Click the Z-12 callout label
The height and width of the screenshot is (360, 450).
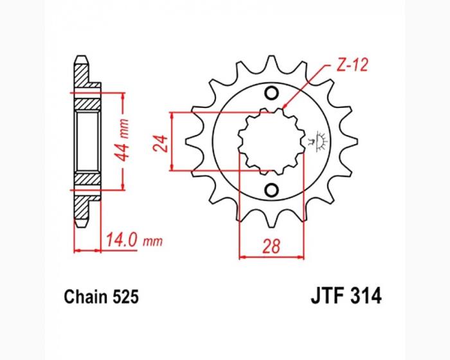pyautogui.click(x=352, y=66)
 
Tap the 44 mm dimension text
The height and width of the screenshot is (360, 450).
pyautogui.click(x=121, y=141)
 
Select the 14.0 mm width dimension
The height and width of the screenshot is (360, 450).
pyautogui.click(x=134, y=240)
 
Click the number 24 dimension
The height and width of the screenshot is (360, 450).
pyautogui.click(x=161, y=143)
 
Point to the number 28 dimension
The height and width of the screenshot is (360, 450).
pyautogui.click(x=271, y=246)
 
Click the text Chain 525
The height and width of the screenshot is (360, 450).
pyautogui.click(x=102, y=296)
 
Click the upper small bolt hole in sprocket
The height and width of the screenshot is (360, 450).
pyautogui.click(x=271, y=93)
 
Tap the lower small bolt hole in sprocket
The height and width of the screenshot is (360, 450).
pyautogui.click(x=271, y=190)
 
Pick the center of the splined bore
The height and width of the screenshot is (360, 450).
pyautogui.click(x=271, y=141)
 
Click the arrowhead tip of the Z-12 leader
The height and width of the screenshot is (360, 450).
pyautogui.click(x=283, y=109)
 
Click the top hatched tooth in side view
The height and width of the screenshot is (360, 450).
pyautogui.click(x=82, y=72)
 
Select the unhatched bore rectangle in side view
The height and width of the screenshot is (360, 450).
pyautogui.click(x=87, y=141)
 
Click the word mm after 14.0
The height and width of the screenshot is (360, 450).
pyautogui.click(x=153, y=242)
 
